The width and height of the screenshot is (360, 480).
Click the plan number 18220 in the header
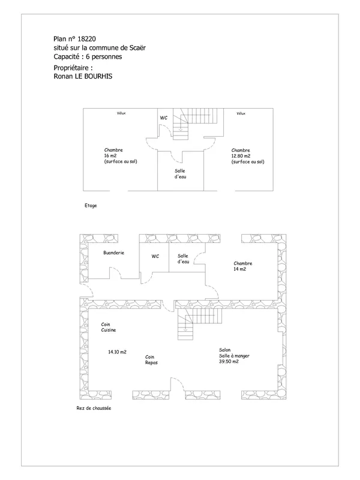click(86, 39)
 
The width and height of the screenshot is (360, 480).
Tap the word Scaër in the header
click(137, 48)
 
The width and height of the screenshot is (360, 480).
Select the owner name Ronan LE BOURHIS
click(83, 76)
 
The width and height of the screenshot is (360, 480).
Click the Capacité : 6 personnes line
click(88, 56)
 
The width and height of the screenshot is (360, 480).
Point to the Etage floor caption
click(91, 205)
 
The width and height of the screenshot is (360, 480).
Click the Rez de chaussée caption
click(94, 408)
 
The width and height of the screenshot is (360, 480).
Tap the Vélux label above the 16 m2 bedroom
click(121, 113)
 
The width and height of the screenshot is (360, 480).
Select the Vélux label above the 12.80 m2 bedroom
click(241, 113)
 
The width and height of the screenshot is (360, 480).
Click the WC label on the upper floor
click(164, 118)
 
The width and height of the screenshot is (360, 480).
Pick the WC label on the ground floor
click(155, 256)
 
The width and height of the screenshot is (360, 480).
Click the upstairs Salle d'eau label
click(181, 174)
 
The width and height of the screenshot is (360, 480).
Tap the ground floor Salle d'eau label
click(184, 259)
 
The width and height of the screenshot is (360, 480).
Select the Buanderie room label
click(113, 253)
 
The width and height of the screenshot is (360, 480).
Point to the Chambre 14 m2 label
click(243, 266)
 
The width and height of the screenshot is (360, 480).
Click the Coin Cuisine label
click(109, 327)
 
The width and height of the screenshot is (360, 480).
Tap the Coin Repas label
click(152, 359)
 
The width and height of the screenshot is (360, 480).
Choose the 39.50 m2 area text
click(229, 362)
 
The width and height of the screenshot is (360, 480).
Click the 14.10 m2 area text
click(117, 352)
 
